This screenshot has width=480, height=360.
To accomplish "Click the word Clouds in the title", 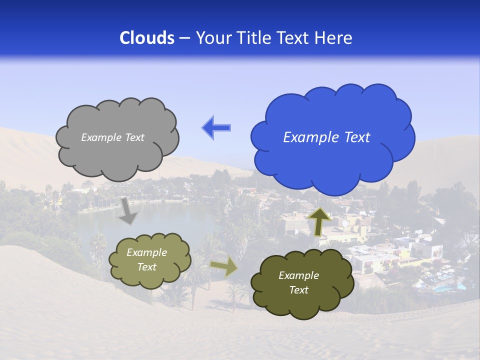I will [x=147, y=38].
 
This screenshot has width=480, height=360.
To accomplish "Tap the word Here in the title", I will [x=333, y=38].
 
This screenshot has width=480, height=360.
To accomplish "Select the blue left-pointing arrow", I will [x=216, y=128].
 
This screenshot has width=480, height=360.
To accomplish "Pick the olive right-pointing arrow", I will [x=224, y=268].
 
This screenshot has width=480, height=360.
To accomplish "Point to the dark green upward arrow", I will [x=320, y=220].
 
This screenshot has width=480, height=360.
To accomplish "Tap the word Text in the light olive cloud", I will [x=146, y=267].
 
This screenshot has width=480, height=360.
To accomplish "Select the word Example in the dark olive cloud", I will [x=298, y=275].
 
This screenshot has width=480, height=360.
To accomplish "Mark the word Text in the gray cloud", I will [x=134, y=137].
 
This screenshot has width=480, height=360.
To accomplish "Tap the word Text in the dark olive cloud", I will [x=298, y=290].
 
